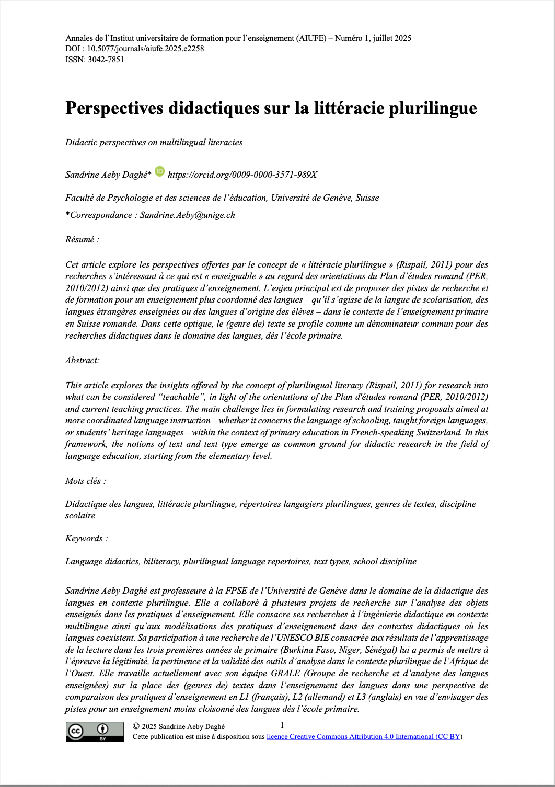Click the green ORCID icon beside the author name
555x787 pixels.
pyautogui.click(x=160, y=171)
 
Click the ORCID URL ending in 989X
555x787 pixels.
pyautogui.click(x=242, y=175)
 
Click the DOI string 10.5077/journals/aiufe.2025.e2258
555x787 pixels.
pyautogui.click(x=145, y=49)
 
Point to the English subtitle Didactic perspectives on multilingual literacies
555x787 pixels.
pyautogui.click(x=154, y=142)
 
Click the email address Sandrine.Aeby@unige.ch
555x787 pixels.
pyautogui.click(x=187, y=215)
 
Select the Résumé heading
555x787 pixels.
pyautogui.click(x=82, y=239)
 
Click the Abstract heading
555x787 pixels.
pyautogui.click(x=83, y=360)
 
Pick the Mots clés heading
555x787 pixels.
pyautogui.click(x=85, y=481)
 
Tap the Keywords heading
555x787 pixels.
pyautogui.click(x=86, y=538)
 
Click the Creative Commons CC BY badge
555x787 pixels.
pyautogui.click(x=95, y=732)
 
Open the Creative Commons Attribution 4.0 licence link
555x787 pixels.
pyautogui.click(x=364, y=737)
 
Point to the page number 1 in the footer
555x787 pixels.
pyautogui.click(x=282, y=725)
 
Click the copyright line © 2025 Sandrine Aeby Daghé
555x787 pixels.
pyautogui.click(x=179, y=726)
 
